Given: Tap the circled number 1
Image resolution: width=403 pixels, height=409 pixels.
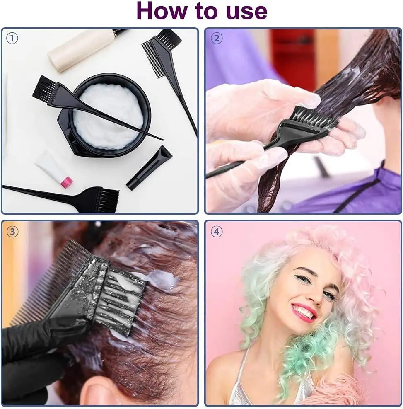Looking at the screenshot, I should (x=12, y=39).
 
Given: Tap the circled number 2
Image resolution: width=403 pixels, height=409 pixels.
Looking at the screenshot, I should (x=216, y=39).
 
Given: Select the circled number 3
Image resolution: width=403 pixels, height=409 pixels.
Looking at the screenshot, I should (x=12, y=232).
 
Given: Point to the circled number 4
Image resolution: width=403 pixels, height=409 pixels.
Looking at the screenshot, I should (x=216, y=232).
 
